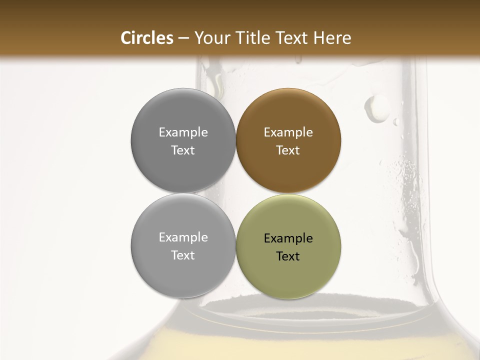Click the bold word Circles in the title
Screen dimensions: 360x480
tap(146, 38)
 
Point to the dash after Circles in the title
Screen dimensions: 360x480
tap(183, 38)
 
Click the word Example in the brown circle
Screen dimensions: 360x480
tap(288, 132)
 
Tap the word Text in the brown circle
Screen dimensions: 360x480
tap(288, 150)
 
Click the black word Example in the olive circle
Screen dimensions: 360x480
tap(288, 238)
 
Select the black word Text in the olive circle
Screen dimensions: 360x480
tap(288, 256)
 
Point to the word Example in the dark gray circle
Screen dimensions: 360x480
tap(183, 132)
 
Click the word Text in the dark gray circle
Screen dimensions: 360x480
tap(183, 150)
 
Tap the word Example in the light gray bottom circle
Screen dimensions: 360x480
tap(183, 237)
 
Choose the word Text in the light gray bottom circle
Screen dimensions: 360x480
tap(183, 255)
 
